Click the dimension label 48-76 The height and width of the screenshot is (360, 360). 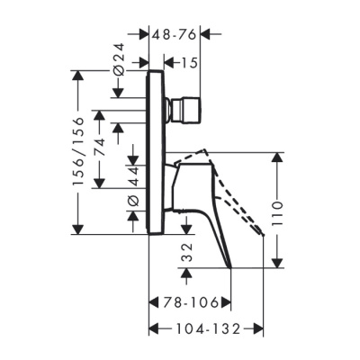[x=175, y=34]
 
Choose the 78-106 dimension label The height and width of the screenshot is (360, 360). [x=188, y=301]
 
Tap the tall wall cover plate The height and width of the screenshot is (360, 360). [x=154, y=153]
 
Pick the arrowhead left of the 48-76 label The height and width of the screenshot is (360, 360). [x=145, y=34]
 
